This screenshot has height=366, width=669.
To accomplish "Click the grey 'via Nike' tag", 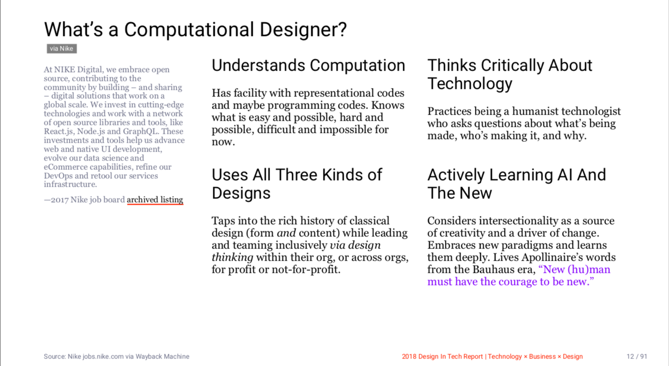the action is click(61, 49).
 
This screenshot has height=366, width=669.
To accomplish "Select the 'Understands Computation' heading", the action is click(308, 66).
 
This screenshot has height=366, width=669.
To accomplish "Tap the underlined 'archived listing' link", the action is click(155, 200).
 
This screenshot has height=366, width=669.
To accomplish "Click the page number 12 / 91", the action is click(637, 357).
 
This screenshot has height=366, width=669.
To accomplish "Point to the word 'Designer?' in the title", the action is click(303, 30).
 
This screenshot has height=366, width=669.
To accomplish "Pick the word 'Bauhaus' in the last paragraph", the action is click(493, 270).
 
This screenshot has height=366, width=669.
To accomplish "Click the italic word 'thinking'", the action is click(233, 257).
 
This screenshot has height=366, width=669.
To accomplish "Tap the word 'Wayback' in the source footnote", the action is click(147, 357).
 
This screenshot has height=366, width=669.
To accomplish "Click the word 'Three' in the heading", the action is click(296, 175).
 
